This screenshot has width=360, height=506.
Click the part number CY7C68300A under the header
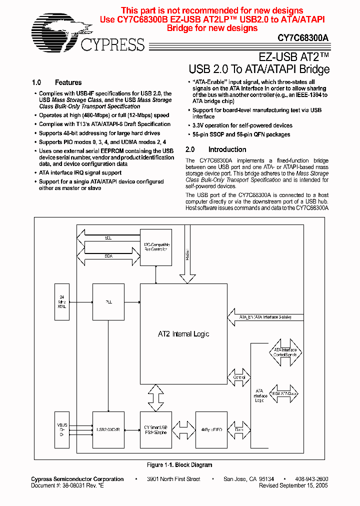(303, 37)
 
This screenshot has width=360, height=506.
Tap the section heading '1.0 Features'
(56, 82)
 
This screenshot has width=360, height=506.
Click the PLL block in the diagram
(108, 302)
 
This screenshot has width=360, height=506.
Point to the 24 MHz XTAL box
(62, 302)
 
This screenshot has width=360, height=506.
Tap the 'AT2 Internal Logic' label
(183, 334)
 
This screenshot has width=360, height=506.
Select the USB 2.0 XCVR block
(108, 429)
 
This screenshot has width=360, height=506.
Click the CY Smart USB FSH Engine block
(156, 429)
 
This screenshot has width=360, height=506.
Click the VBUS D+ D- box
(62, 429)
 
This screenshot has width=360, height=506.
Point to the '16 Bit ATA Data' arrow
(283, 393)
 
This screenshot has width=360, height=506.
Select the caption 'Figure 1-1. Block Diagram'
(179, 465)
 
